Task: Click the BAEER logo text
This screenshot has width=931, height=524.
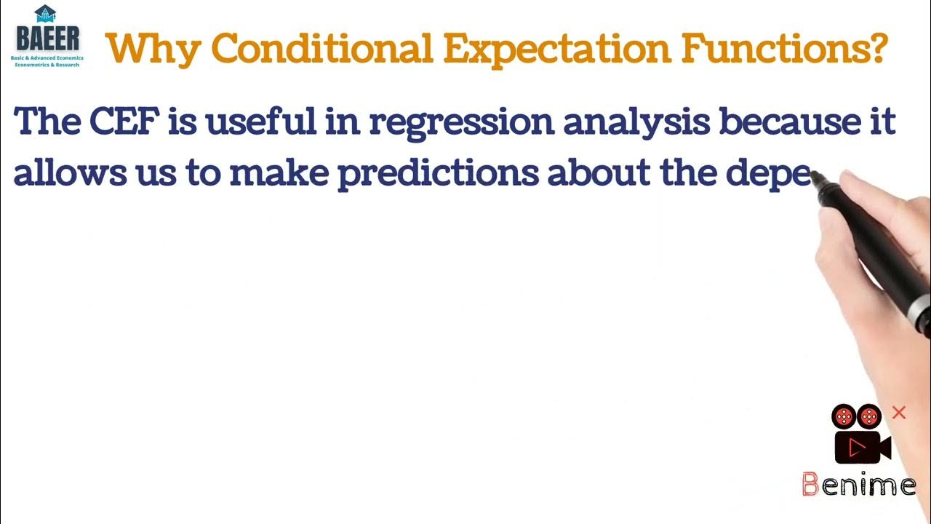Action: pyautogui.click(x=48, y=38)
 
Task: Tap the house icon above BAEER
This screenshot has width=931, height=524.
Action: pyautogui.click(x=45, y=13)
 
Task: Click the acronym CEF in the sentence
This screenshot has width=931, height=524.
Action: pyautogui.click(x=121, y=122)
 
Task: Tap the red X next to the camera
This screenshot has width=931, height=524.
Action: pyautogui.click(x=899, y=413)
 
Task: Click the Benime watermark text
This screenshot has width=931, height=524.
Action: pyautogui.click(x=858, y=484)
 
